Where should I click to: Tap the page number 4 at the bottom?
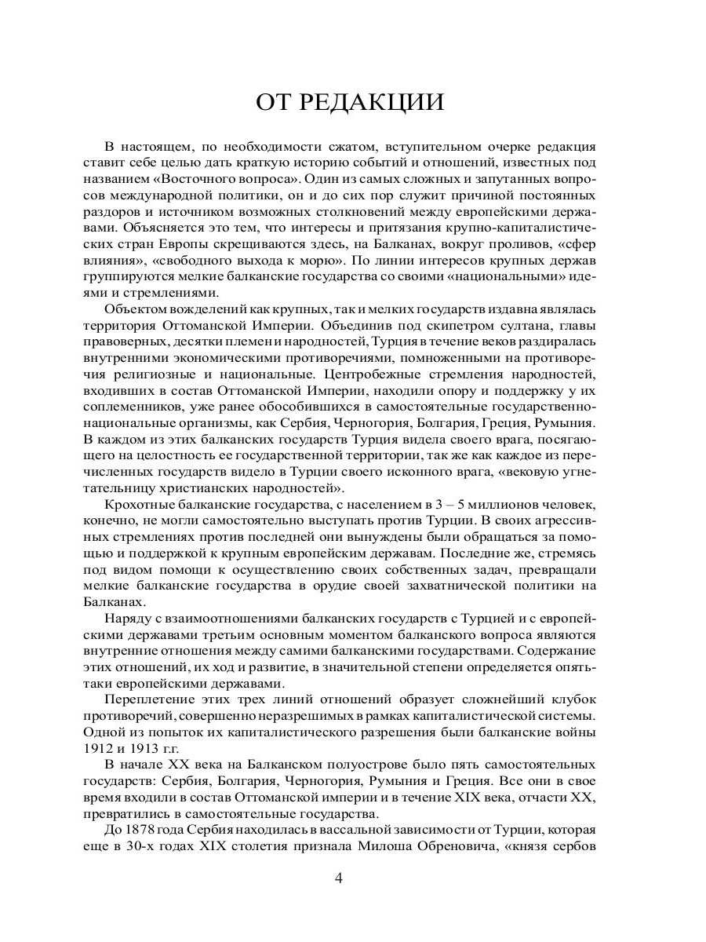point(338,878)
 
